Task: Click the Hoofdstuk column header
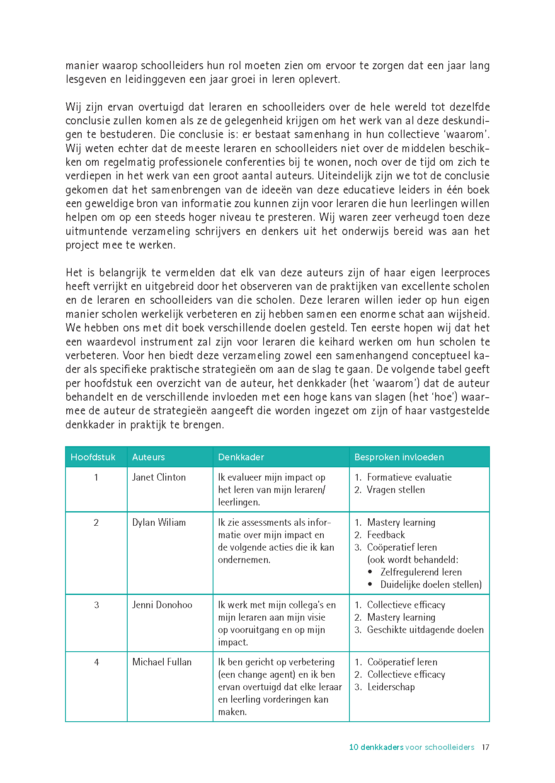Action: coord(93,457)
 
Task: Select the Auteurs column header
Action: coord(148,457)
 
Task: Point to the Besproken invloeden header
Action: coord(399,457)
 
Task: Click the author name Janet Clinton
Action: coord(159,477)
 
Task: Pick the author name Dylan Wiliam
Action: coord(159,522)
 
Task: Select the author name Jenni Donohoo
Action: coord(162,605)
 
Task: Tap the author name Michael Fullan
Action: coord(162,662)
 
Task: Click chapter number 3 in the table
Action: coord(96,605)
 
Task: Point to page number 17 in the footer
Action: coord(485,747)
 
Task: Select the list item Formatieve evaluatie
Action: coord(409,477)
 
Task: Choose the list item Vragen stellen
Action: coord(396,490)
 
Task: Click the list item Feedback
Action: coord(386,535)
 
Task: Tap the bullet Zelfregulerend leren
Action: coord(421,572)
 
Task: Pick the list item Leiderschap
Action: coord(391,687)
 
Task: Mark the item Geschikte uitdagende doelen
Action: coord(425,630)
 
